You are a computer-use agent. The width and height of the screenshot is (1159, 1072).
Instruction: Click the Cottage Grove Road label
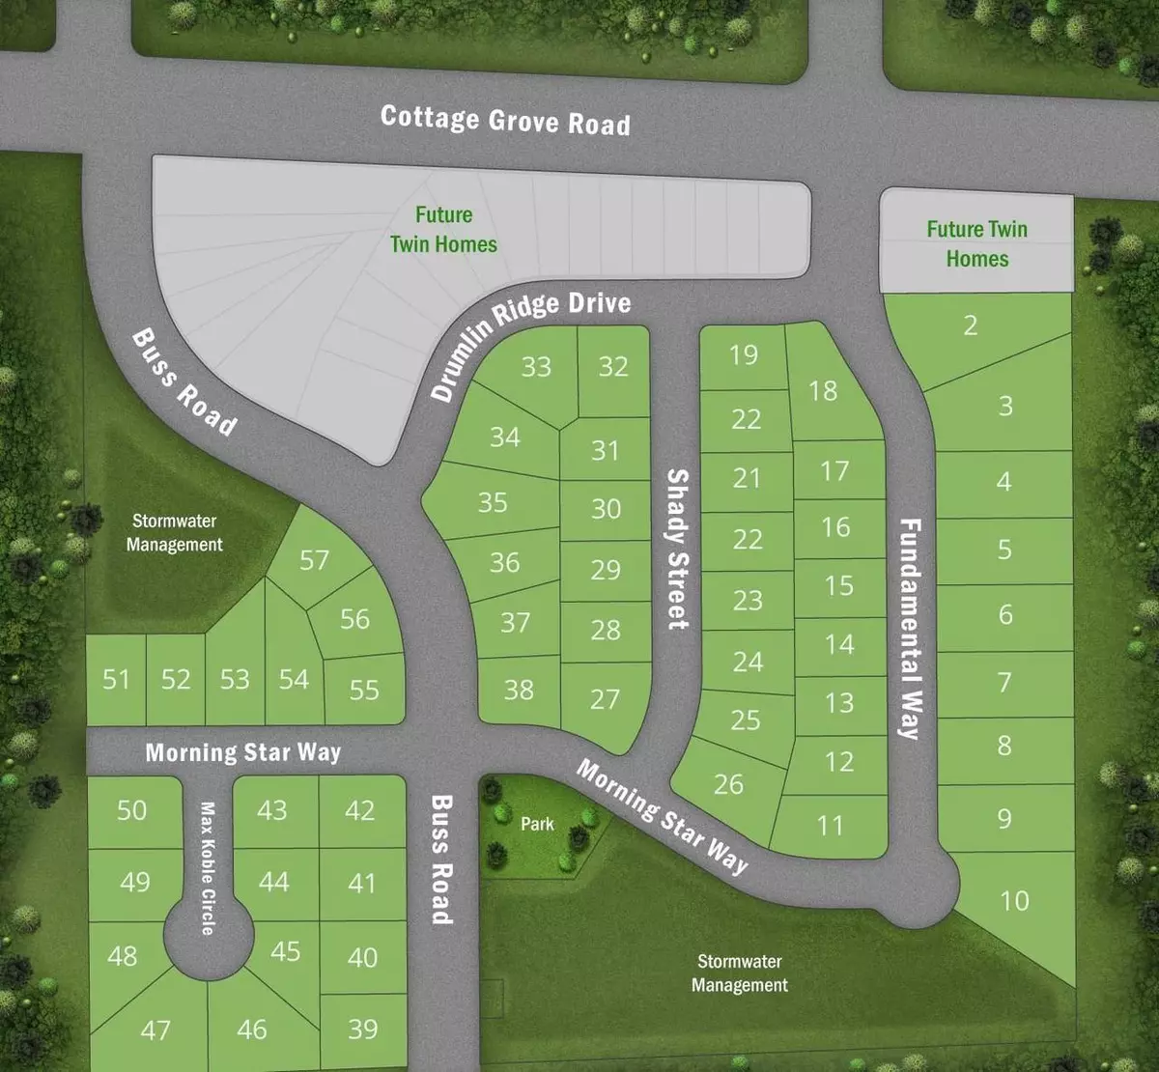click(505, 120)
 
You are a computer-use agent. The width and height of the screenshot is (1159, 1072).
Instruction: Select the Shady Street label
click(677, 549)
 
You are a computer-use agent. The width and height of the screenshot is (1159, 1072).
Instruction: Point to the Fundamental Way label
click(910, 629)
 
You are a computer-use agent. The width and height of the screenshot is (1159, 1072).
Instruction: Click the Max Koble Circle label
click(208, 867)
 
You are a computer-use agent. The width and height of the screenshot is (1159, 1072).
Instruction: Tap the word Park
click(537, 824)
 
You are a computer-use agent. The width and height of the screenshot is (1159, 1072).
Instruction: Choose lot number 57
click(314, 560)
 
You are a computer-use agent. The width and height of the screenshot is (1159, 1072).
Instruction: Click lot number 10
click(1013, 901)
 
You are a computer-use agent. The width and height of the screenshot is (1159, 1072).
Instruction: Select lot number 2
click(971, 325)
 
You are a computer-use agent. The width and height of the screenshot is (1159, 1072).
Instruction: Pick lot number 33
click(536, 367)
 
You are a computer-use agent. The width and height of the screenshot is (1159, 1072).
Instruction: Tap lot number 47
click(155, 1030)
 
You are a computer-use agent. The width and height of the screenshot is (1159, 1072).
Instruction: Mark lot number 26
click(728, 783)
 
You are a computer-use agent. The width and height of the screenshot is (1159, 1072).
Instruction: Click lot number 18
click(823, 390)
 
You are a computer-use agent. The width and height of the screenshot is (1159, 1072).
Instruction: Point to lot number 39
click(362, 1030)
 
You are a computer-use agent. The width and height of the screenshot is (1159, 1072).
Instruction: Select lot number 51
click(116, 680)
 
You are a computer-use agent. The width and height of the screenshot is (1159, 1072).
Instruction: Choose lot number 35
click(493, 502)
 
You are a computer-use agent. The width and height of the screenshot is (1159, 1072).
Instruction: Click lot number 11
click(830, 826)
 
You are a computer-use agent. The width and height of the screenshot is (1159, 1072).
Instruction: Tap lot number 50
click(132, 809)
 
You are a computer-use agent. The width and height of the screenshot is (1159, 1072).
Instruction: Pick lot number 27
click(605, 699)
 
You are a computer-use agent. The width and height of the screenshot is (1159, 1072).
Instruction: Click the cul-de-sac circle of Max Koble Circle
click(208, 935)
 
